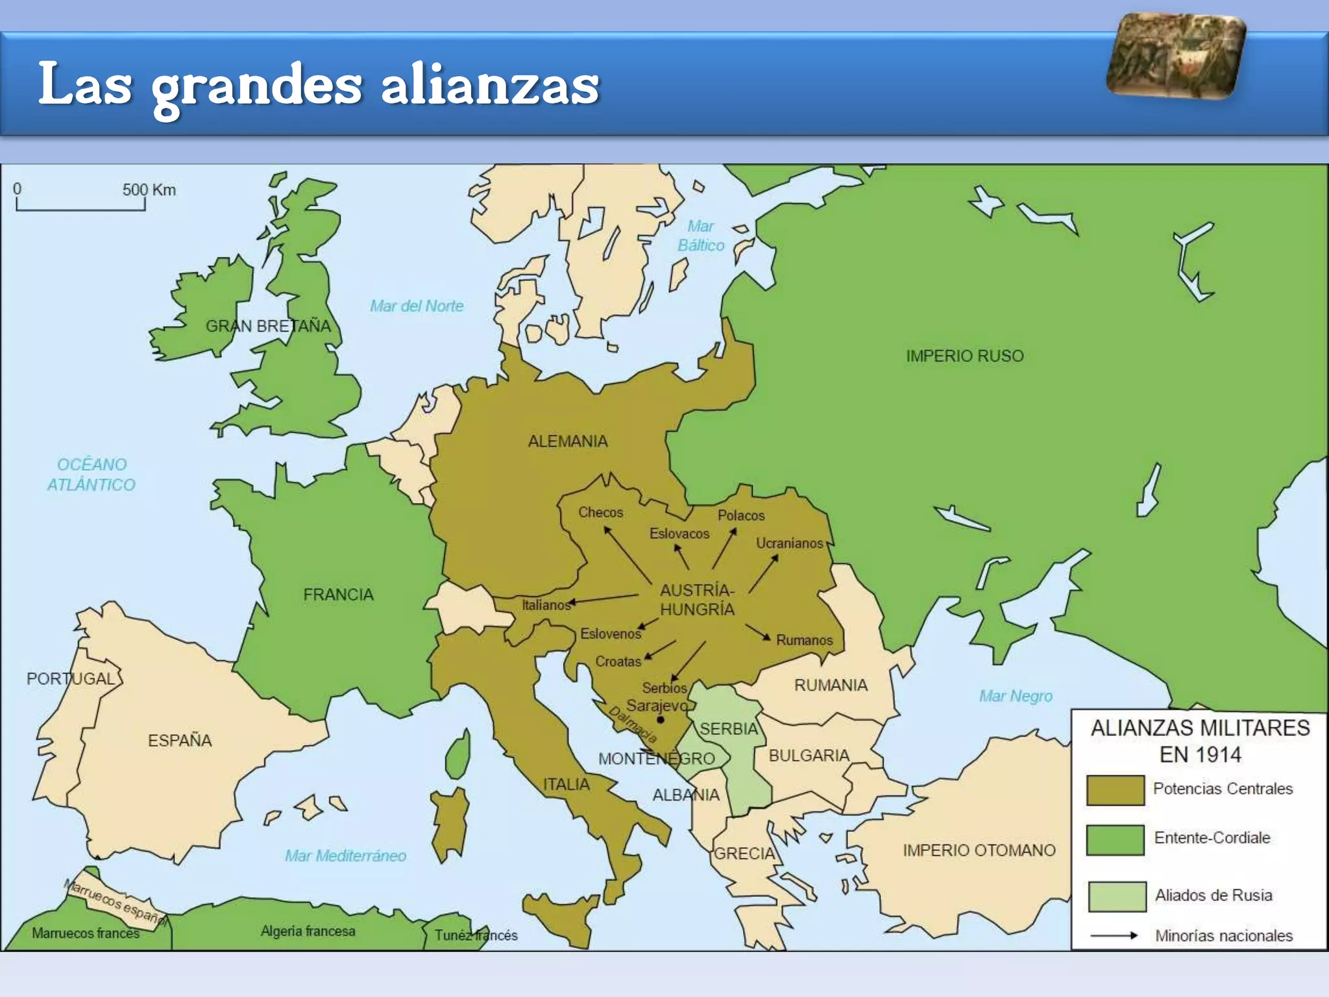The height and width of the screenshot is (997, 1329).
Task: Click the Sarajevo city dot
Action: (661, 720)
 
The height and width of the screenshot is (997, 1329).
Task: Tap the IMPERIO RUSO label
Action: (964, 356)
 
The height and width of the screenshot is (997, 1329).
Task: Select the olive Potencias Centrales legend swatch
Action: (1115, 789)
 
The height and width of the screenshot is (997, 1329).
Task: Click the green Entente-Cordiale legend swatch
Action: (1115, 839)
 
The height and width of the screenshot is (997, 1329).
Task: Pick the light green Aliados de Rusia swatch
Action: (1116, 896)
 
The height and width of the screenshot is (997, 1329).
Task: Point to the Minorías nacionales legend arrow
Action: (1114, 935)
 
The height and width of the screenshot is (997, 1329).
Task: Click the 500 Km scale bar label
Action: (149, 190)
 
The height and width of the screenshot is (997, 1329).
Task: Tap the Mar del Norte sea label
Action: (417, 306)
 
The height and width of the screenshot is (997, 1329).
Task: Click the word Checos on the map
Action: (600, 512)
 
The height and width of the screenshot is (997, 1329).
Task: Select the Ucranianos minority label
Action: (789, 543)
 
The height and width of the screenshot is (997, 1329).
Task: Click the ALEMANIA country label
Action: (568, 441)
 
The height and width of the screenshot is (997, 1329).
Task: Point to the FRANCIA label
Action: (338, 594)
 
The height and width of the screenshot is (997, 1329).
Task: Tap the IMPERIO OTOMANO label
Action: (979, 850)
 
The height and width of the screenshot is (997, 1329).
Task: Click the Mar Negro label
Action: (1016, 696)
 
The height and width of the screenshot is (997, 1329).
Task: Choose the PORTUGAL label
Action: (71, 678)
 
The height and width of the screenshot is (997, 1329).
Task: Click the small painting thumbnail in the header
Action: (1175, 56)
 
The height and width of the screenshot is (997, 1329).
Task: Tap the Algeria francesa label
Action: (308, 931)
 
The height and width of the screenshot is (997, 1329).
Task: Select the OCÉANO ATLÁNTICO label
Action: (91, 474)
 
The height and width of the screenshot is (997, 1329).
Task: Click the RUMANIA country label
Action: (830, 685)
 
